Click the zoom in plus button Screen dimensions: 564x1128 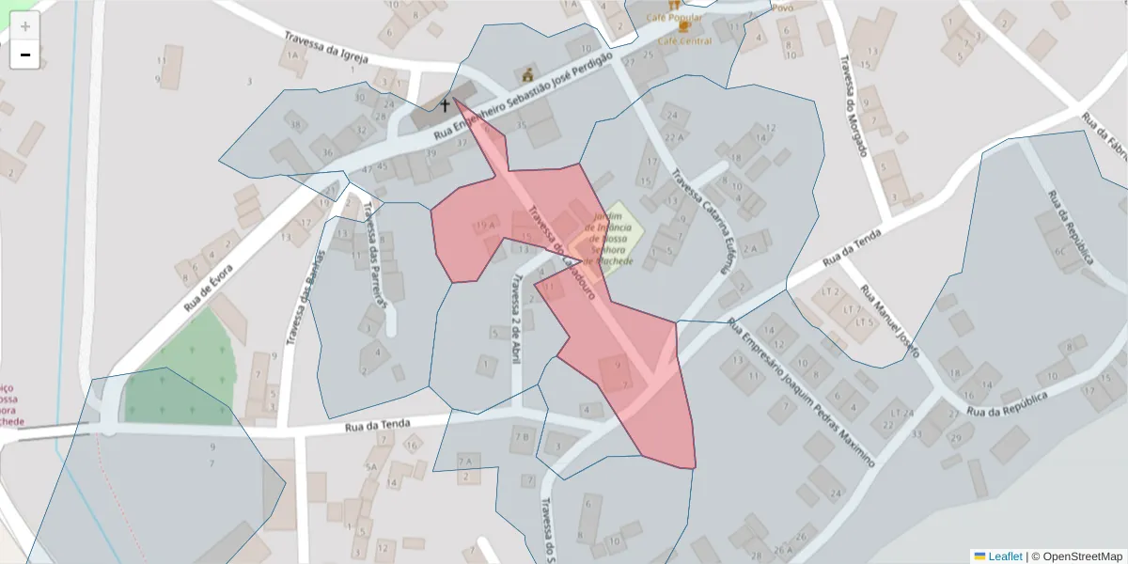[x=25, y=26]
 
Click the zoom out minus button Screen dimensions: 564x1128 [x=25, y=55]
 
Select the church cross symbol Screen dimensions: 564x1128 [x=445, y=106]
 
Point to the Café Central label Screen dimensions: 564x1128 [x=684, y=40]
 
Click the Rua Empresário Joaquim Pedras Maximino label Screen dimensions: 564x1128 [x=801, y=392]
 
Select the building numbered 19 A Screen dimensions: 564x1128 [x=485, y=225]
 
